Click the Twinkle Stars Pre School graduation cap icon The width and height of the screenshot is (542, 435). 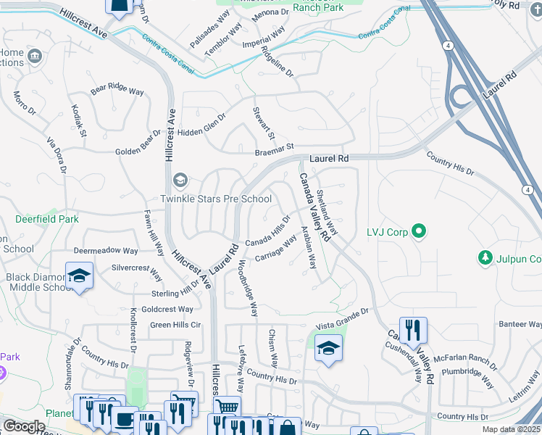pos(179,180)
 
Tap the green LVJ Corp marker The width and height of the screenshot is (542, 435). pos(418,232)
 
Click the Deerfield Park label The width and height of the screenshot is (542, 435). pos(47,218)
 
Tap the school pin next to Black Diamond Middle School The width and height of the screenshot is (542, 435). pos(80,276)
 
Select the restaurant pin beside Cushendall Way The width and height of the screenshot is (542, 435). pos(413,330)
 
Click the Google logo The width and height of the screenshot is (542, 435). pos(23,426)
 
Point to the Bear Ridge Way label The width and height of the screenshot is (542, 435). pos(117,89)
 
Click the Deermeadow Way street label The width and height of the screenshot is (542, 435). pos(105,251)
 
